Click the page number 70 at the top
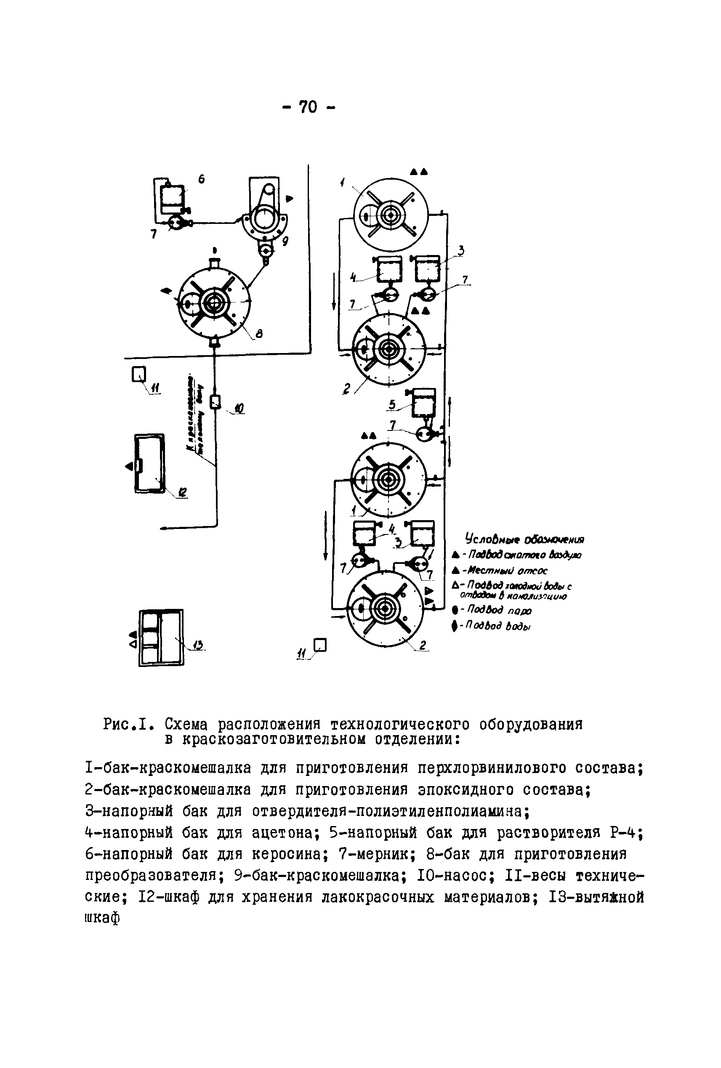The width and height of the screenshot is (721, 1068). pyautogui.click(x=308, y=107)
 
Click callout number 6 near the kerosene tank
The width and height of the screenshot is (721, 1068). pyautogui.click(x=201, y=179)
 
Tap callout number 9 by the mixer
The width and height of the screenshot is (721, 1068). pyautogui.click(x=285, y=241)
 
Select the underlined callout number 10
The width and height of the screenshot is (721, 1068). pyautogui.click(x=239, y=408)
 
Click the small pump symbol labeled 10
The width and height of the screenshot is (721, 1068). pyautogui.click(x=215, y=402)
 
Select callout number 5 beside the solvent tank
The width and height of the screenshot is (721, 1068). pyautogui.click(x=392, y=404)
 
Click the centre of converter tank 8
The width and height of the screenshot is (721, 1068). pyautogui.click(x=214, y=301)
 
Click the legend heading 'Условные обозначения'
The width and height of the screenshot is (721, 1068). pyautogui.click(x=524, y=539)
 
